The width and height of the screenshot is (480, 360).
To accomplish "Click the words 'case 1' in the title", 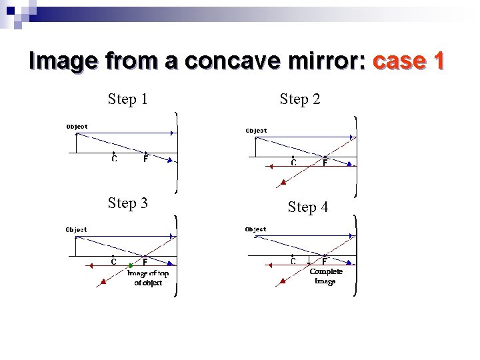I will coord(409,61).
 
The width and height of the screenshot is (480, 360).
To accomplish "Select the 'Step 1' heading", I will coord(127,99).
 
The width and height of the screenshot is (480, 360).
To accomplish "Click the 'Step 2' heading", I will coord(300,99).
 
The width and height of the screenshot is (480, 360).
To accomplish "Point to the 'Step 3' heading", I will coord(127,203).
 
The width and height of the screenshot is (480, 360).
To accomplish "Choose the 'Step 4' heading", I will coord(307,207).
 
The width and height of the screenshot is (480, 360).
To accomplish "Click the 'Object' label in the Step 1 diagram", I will coord(77,126).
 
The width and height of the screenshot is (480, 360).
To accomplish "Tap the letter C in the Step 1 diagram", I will coord(114,159).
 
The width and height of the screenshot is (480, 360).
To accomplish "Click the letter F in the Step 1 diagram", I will coord(145,159).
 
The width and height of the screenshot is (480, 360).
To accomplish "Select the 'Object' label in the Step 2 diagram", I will coord(256,131).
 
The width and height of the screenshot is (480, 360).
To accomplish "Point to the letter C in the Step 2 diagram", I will coord(293,163).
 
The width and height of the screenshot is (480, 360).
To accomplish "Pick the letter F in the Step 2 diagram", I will coord(325,163).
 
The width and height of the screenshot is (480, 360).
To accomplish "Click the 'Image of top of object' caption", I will coord(148,278).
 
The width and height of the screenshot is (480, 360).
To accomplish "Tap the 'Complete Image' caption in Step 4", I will coord(326,276).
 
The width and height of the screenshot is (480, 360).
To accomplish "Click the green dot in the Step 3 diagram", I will coord(131,266).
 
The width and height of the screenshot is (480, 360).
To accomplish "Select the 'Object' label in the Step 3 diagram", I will coord(76,229).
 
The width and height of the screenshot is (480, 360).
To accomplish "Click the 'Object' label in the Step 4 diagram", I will coord(255,229).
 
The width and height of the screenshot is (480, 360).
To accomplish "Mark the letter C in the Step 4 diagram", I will coord(293,261).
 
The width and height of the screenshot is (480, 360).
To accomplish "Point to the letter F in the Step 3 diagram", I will coord(145,262).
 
